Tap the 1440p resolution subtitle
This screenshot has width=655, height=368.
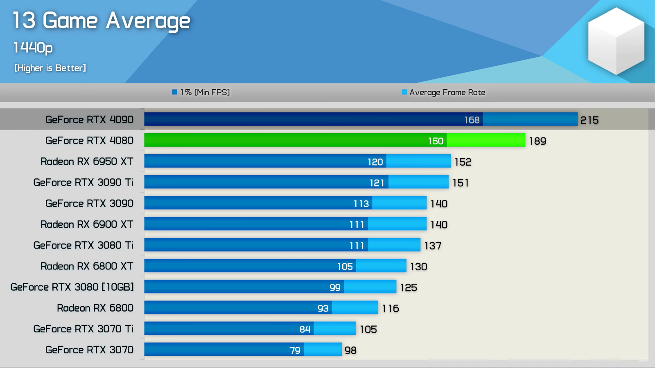point(33,48)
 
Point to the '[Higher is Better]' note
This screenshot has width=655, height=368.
point(50,68)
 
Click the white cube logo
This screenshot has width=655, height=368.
point(616,41)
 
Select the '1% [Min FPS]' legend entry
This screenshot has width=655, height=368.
point(201,92)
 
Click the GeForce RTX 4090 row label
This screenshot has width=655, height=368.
point(89,119)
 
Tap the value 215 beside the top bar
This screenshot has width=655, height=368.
point(589,120)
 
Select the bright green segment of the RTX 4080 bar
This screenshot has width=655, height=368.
point(486,140)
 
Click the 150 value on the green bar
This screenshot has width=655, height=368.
point(436,141)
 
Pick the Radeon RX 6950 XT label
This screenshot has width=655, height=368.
point(87,162)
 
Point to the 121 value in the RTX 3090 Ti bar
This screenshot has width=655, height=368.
point(377,183)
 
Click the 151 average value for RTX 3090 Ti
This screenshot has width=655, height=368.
point(461,183)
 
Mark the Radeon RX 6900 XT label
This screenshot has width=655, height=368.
point(87,224)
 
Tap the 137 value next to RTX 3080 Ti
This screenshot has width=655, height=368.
point(433,246)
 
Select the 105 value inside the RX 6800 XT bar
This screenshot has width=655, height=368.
point(345,267)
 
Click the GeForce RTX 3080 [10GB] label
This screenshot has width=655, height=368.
point(72,287)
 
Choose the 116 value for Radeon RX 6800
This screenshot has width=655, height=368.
point(390,308)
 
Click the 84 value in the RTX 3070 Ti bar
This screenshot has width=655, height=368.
point(305,329)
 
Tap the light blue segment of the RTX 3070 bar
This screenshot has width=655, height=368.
point(322,350)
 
